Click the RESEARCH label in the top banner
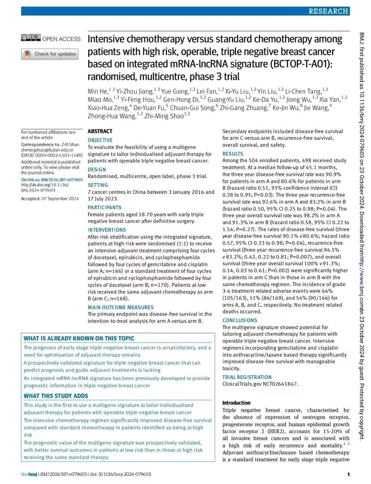tap(328, 11)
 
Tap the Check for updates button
tap(50, 54)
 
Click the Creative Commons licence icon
tap(31, 38)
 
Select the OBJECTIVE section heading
tap(100, 140)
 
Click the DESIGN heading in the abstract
tap(97, 170)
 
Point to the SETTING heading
tap(98, 185)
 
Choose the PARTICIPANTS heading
tap(104, 207)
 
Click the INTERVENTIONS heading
tap(106, 230)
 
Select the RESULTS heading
tap(233, 154)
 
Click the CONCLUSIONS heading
tap(239, 320)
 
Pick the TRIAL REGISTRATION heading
tap(247, 377)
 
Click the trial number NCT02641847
tap(280, 384)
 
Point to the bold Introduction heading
tap(236, 403)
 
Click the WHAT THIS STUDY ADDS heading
tap(56, 396)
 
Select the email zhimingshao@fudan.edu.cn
tap(47, 150)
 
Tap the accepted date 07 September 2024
tap(60, 199)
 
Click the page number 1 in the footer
tap(348, 474)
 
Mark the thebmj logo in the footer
tap(29, 474)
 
